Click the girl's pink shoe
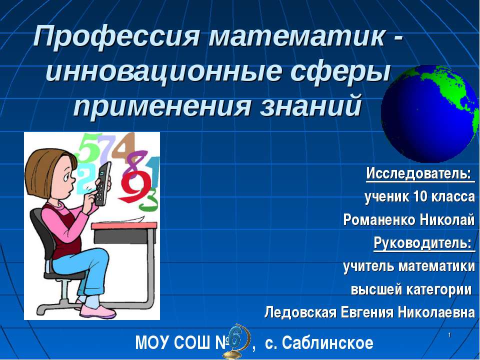pyautogui.click(x=97, y=311)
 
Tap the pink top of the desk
pyautogui.click(x=124, y=225)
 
